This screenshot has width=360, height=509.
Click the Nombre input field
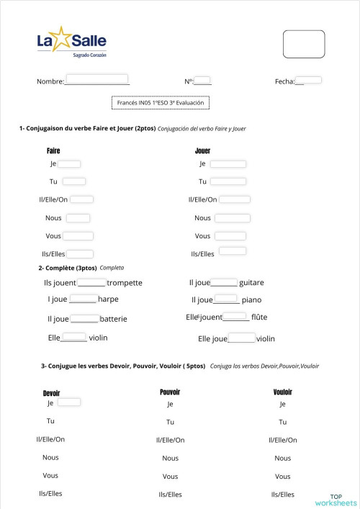pyautogui.click(x=96, y=78)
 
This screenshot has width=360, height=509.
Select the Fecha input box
pyautogui.click(x=309, y=80)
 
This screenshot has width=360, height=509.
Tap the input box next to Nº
pyautogui.click(x=202, y=80)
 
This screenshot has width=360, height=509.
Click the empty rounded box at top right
pyautogui.click(x=304, y=44)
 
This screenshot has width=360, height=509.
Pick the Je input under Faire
pyautogui.click(x=69, y=163)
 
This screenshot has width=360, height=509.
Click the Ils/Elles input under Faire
pyautogui.click(x=80, y=253)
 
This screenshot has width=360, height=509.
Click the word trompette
pyautogui.click(x=124, y=283)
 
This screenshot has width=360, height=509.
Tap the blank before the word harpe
pyautogui.click(x=83, y=299)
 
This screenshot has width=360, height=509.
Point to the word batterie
pyautogui.click(x=114, y=318)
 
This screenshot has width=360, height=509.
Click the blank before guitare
pyautogui.click(x=224, y=283)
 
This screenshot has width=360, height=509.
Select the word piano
pyautogui.click(x=251, y=299)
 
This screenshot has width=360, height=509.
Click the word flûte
pyautogui.click(x=259, y=316)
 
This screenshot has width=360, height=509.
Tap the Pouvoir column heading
pyautogui.click(x=169, y=392)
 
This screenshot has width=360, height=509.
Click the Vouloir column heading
pyautogui.click(x=282, y=392)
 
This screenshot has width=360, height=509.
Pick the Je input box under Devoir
pyautogui.click(x=69, y=402)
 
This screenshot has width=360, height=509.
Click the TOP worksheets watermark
pyautogui.click(x=336, y=500)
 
